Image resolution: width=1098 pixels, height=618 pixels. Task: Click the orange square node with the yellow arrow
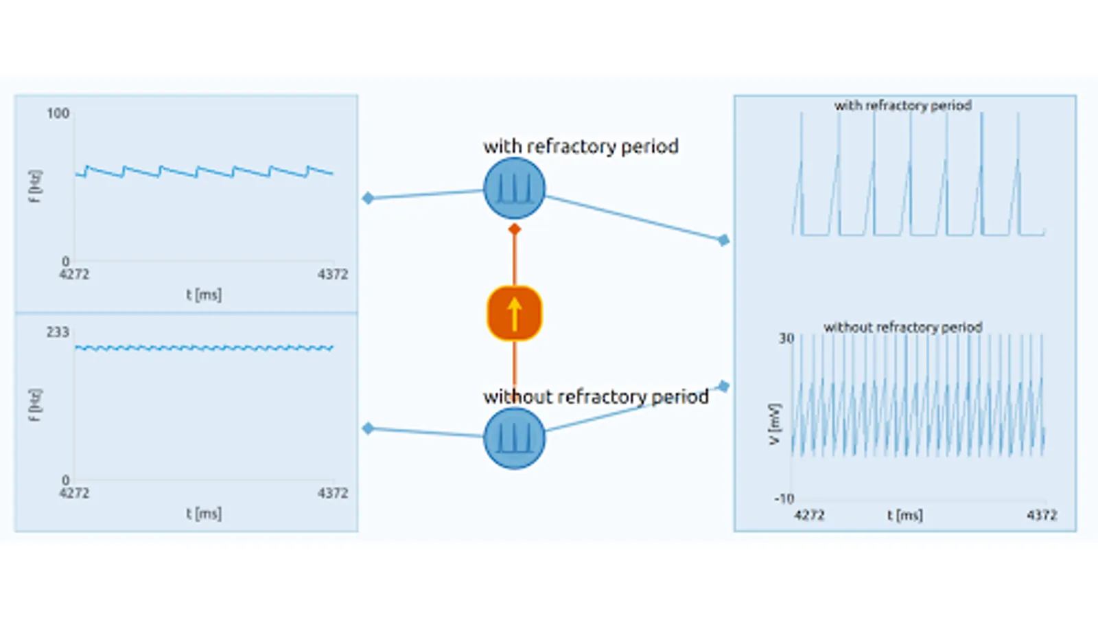click(x=514, y=313)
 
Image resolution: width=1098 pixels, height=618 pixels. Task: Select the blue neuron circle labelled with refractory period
click(x=514, y=188)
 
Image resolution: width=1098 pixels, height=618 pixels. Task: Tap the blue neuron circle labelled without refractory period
click(x=514, y=438)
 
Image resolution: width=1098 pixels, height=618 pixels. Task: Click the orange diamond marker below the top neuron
click(x=515, y=229)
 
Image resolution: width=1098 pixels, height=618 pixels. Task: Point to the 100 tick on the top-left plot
click(x=58, y=113)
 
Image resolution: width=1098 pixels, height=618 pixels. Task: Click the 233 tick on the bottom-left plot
click(x=58, y=332)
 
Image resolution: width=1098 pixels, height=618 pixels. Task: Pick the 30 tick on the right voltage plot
click(x=786, y=339)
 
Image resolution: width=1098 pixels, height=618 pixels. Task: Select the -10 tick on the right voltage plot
click(x=784, y=499)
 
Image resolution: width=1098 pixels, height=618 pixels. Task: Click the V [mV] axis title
click(x=774, y=424)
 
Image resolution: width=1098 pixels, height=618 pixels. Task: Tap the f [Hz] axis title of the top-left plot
click(x=35, y=186)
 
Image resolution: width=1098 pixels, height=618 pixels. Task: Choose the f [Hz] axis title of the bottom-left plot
click(x=35, y=405)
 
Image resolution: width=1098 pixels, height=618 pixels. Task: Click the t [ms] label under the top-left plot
click(x=204, y=295)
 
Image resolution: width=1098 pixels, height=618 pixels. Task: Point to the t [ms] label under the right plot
click(x=904, y=515)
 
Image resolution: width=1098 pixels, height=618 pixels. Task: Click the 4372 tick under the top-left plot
click(x=333, y=275)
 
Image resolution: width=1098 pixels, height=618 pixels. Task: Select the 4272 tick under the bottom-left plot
click(x=74, y=493)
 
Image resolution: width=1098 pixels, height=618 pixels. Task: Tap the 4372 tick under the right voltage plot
click(x=1042, y=515)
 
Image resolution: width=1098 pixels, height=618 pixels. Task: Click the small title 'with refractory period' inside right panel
click(x=902, y=106)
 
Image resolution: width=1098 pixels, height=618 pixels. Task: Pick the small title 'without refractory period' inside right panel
click(x=902, y=328)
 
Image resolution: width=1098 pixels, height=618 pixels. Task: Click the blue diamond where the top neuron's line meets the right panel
click(x=723, y=240)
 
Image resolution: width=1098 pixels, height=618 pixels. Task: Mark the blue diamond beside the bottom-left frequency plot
click(x=369, y=428)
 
